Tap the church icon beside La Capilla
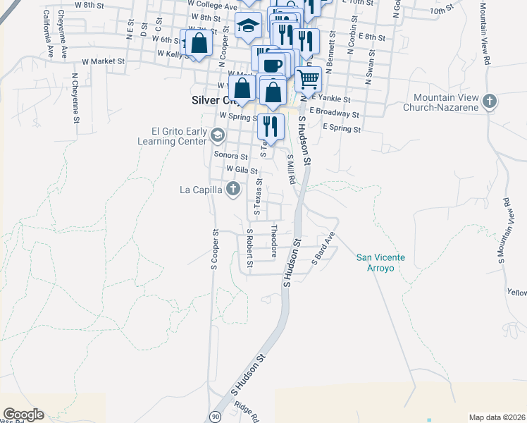click(x=233, y=189)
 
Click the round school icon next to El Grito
click(x=219, y=135)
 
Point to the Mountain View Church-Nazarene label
click(x=446, y=102)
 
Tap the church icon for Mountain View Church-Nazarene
click(x=490, y=102)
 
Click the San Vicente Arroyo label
click(x=380, y=263)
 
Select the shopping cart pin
click(x=309, y=78)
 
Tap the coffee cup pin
click(x=272, y=64)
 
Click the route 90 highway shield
click(x=215, y=417)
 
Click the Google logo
click(x=23, y=415)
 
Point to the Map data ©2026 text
click(x=496, y=417)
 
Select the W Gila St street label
click(x=242, y=171)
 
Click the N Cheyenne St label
click(x=75, y=98)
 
